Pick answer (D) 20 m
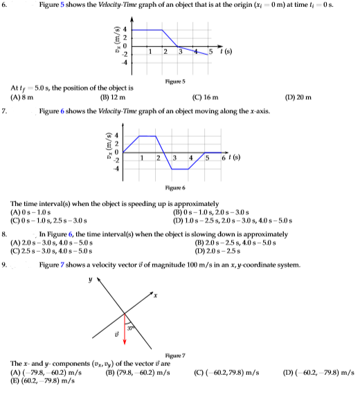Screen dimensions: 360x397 pos(300,98)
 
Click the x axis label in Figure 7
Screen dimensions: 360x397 pos(157,297)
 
